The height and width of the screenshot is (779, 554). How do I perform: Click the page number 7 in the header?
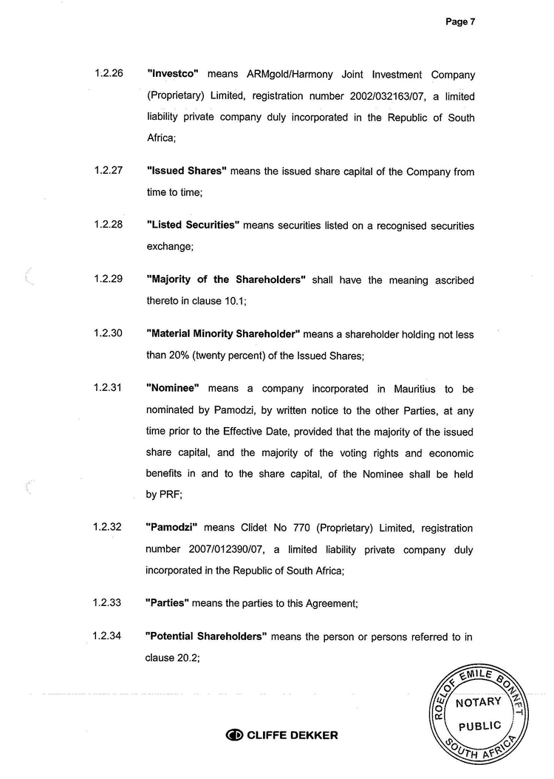point(472,22)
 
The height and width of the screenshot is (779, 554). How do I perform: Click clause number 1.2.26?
point(109,75)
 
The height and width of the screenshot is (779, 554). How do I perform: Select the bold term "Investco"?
point(174,75)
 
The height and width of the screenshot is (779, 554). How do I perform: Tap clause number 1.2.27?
point(109,170)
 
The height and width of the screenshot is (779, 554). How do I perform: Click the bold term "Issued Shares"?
point(186,171)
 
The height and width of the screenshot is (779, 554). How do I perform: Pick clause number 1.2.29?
point(109,279)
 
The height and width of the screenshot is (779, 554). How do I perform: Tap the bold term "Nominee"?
point(174,388)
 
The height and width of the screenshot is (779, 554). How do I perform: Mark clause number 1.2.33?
point(109,603)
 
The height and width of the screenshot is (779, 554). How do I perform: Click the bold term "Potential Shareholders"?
point(207,636)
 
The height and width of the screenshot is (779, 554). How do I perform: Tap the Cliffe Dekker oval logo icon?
point(234,735)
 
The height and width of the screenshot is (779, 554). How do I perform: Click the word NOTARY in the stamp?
point(479,702)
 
